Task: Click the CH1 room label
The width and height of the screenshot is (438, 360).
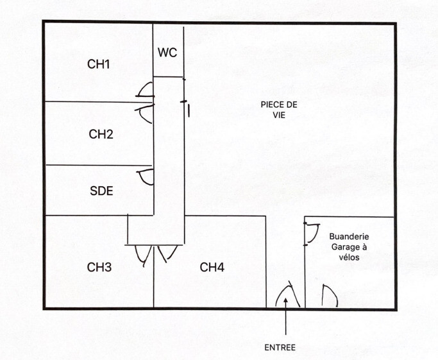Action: [x=99, y=64]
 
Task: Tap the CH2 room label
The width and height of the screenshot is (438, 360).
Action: [x=101, y=134]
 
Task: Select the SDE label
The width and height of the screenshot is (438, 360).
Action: [x=101, y=191]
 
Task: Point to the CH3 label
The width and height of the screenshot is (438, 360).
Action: [x=99, y=267]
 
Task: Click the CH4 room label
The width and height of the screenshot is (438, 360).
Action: [x=212, y=267]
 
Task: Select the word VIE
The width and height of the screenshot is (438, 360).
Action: [x=278, y=115]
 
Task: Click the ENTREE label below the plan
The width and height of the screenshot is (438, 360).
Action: [x=280, y=347]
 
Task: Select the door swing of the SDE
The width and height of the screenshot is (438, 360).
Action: [x=146, y=176]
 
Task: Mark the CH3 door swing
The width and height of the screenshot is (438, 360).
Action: [x=144, y=255]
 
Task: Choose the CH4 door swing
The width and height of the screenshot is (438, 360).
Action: [x=167, y=253]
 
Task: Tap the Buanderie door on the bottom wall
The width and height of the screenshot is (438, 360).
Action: [x=328, y=296]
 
